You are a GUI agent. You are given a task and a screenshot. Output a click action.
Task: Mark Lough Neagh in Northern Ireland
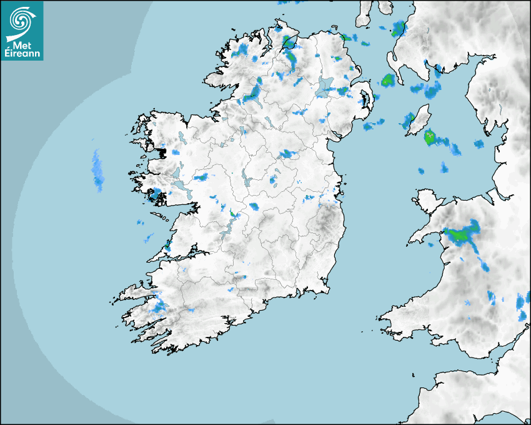click(x=325, y=86)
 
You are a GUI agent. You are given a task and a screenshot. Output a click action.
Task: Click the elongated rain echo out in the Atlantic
click(x=98, y=170)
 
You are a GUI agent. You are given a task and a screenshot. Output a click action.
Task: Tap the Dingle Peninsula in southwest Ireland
click(x=134, y=292)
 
